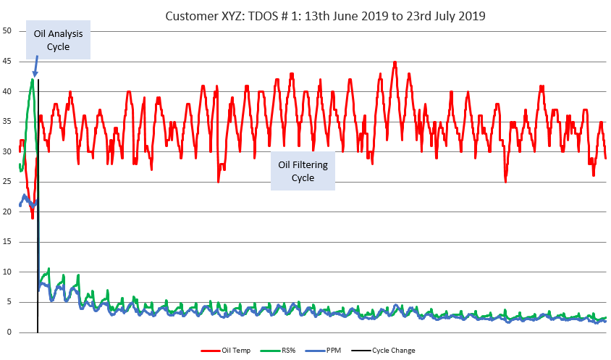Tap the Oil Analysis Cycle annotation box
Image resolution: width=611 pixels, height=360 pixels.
[58, 40]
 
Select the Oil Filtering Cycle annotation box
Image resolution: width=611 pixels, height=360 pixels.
[303, 171]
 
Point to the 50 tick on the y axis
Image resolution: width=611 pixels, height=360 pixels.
[7, 30]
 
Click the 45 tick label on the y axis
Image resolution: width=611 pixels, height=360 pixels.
[7, 61]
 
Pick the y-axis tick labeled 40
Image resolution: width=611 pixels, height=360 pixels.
[7, 91]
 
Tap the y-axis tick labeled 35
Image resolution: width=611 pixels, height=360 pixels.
[7, 121]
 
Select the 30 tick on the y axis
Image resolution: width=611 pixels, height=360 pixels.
[7, 151]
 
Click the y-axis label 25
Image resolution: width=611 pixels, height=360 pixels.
[7, 181]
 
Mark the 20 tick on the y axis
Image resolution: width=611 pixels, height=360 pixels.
[7, 212]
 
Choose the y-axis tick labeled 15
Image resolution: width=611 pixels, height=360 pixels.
[7, 242]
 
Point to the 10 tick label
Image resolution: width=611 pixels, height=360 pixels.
[7, 272]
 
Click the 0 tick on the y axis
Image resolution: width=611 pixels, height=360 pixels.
[9, 332]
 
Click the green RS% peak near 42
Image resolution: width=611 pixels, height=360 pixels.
[33, 80]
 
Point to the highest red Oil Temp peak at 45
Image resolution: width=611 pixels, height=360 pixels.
[395, 62]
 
